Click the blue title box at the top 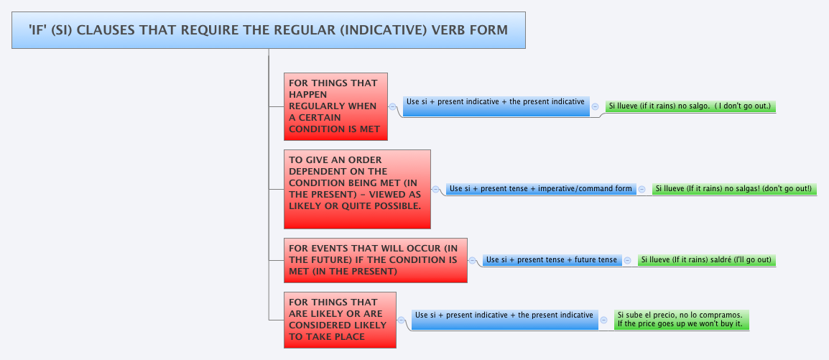268,30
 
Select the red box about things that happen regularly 335,106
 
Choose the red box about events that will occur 375,259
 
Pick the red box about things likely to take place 340,320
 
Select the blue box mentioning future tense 551,260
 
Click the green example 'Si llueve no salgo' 690,106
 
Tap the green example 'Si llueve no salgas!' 733,189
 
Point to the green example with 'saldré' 706,260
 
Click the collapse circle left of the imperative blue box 436,189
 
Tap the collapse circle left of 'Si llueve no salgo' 596,106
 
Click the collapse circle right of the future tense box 628,260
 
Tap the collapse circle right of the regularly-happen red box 393,106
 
